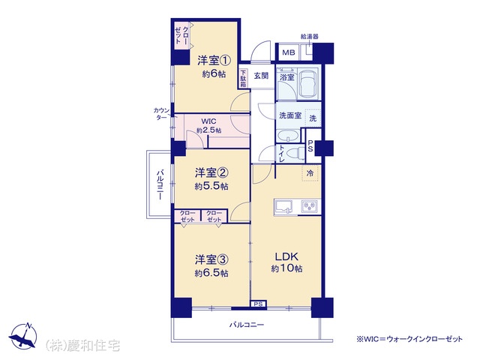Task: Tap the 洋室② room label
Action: click(211, 173)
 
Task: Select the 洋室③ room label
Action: click(211, 260)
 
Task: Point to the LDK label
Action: click(286, 256)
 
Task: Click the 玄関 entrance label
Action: click(261, 76)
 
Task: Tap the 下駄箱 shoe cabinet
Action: click(243, 79)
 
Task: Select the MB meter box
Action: click(288, 52)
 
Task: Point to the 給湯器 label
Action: click(310, 37)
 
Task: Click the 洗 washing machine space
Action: click(313, 118)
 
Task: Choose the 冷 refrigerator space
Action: click(310, 173)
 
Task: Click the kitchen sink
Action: click(283, 206)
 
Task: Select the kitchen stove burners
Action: click(310, 206)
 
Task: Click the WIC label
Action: click(208, 121)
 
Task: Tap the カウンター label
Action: click(161, 113)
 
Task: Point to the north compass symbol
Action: click(23, 336)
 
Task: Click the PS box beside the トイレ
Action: click(310, 146)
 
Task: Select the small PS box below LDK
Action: click(258, 304)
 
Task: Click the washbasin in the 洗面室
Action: click(288, 136)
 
